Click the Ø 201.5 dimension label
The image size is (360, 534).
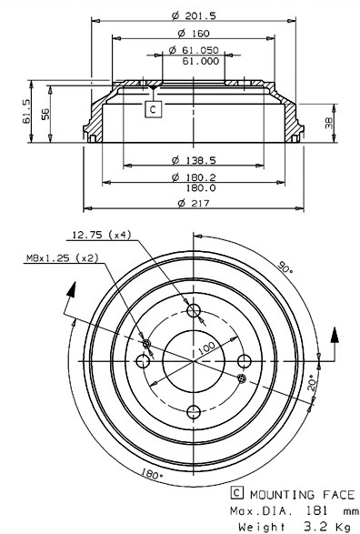click(194, 15)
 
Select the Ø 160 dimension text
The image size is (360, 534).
click(194, 34)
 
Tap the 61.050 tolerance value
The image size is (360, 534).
click(200, 50)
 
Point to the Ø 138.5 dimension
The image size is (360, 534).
click(194, 160)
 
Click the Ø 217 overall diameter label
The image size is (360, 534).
click(194, 203)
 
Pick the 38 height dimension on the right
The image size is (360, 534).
click(329, 124)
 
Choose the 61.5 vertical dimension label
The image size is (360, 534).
click(27, 111)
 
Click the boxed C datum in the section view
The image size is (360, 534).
click(153, 109)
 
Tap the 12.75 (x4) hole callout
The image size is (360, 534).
click(102, 235)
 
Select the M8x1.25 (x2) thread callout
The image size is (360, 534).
click(62, 258)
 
